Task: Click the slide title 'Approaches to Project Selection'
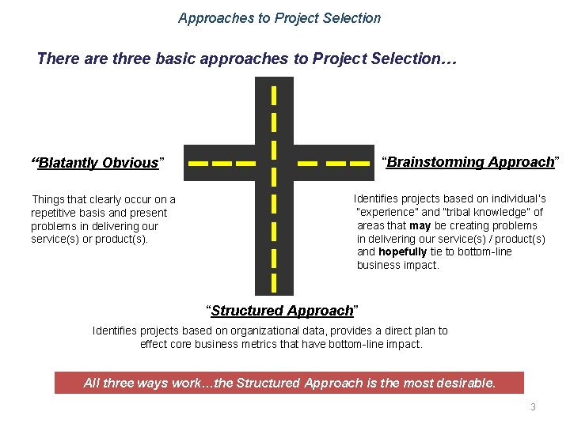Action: (x=279, y=17)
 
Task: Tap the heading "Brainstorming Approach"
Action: (x=470, y=162)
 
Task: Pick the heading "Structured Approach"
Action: (x=282, y=311)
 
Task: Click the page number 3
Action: (x=533, y=407)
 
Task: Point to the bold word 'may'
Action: (x=420, y=225)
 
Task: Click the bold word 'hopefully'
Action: (x=402, y=252)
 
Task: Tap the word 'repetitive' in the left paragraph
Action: (x=55, y=213)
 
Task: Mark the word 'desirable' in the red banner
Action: (x=465, y=384)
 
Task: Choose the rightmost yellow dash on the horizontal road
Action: (x=357, y=164)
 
